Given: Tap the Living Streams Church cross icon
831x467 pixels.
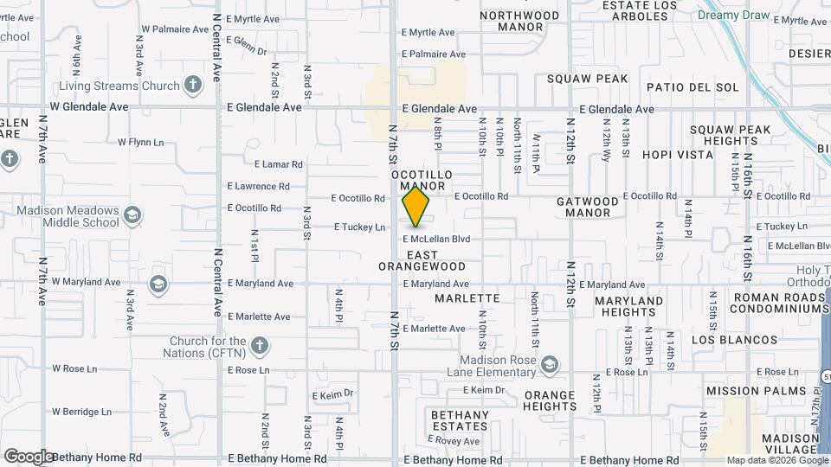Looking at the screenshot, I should click(192, 86).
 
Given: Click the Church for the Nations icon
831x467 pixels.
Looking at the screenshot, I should click(259, 348).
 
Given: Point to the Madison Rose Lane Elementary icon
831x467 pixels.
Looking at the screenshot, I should click(548, 366).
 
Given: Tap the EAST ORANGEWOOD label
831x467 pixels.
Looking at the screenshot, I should click(422, 260).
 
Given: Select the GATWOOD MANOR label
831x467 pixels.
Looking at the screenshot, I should click(588, 207).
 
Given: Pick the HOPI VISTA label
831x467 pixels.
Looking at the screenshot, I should click(678, 156).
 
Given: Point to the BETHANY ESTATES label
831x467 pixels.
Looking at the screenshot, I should click(460, 420).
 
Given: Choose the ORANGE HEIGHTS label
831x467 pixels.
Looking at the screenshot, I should click(550, 401).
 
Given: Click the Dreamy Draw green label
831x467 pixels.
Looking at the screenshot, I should click(734, 15).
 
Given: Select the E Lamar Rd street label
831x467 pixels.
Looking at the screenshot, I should click(278, 163).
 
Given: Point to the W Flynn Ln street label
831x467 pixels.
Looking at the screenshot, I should click(140, 142).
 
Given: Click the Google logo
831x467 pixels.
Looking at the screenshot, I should click(28, 456).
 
